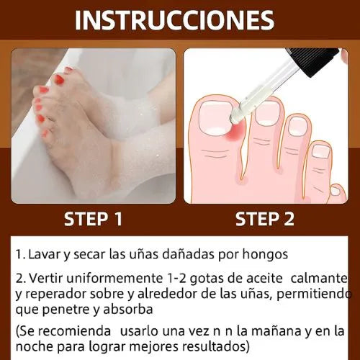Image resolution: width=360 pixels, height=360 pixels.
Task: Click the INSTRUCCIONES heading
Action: (x=174, y=20)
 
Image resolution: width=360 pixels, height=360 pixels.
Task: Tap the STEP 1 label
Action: (x=94, y=219)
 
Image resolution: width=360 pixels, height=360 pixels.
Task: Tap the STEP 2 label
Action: (x=265, y=219)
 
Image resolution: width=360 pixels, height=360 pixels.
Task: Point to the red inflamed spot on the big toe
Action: (x=237, y=131)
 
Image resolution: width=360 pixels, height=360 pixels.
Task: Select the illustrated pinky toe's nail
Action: (x=335, y=191)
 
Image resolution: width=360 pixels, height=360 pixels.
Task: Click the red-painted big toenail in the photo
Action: (x=59, y=80)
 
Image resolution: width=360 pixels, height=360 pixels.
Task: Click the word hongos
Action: (x=265, y=255)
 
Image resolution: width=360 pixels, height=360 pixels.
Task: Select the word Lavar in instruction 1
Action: (x=44, y=254)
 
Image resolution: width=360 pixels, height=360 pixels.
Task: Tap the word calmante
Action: (x=319, y=279)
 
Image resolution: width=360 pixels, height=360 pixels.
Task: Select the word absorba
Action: (x=128, y=309)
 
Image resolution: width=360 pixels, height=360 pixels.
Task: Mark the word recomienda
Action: (x=74, y=331)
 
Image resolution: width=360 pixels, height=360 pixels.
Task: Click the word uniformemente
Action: (x=114, y=279)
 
